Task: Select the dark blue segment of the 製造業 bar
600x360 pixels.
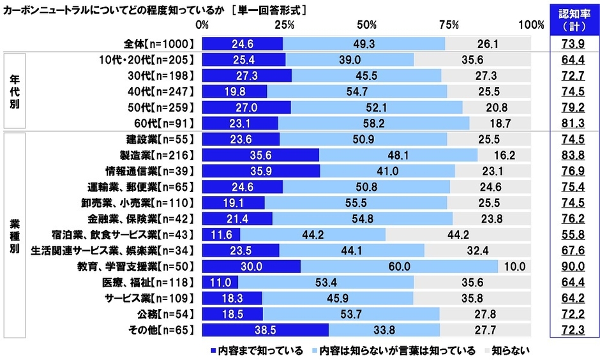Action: (x=260, y=155)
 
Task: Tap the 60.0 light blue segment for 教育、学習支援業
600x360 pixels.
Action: (x=399, y=266)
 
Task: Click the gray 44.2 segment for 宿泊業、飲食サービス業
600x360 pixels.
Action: (x=458, y=234)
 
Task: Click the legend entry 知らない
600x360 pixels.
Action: (x=507, y=350)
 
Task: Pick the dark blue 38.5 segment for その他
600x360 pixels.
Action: (x=265, y=329)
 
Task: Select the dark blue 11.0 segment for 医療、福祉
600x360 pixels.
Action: (x=220, y=282)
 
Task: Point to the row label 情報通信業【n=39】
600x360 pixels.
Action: (x=149, y=171)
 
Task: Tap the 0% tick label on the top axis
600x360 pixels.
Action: (x=202, y=25)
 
